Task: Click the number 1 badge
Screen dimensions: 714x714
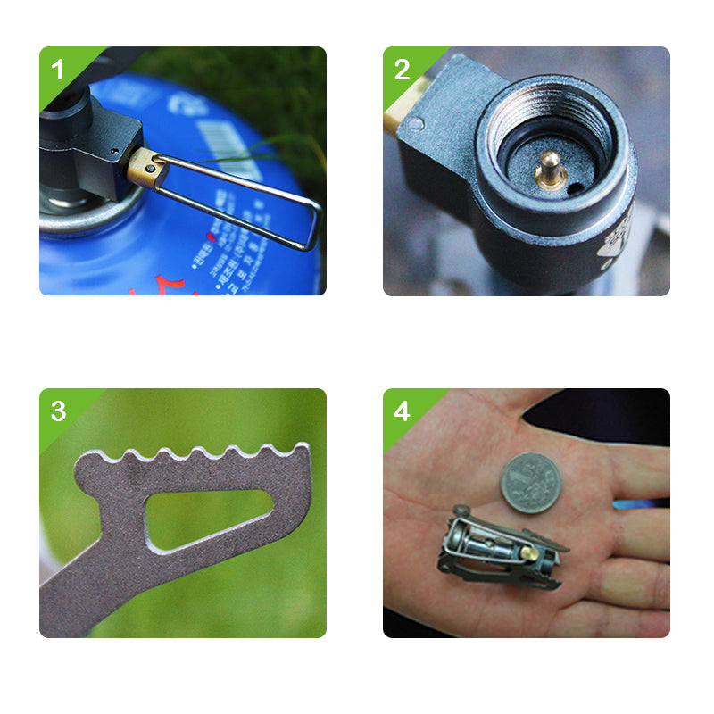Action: [x=58, y=69]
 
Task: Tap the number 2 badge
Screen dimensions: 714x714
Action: [x=402, y=69]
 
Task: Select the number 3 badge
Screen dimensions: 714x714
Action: [x=58, y=411]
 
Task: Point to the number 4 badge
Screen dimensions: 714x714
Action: [x=402, y=411]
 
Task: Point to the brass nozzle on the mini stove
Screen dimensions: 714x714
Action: [x=528, y=552]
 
